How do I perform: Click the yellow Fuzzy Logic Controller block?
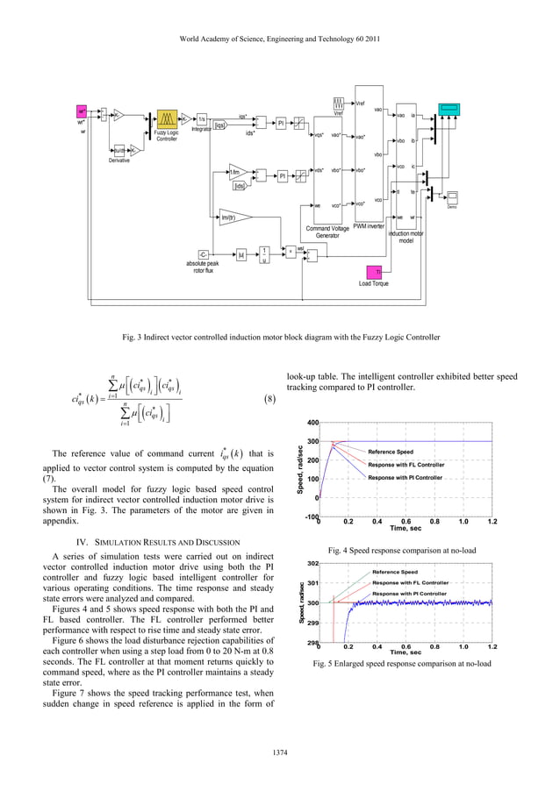pyautogui.click(x=167, y=119)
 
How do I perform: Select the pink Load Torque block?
pyautogui.click(x=373, y=273)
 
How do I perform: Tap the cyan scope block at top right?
pyautogui.click(x=449, y=109)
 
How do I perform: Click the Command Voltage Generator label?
pyautogui.click(x=327, y=232)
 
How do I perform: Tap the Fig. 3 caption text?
pyautogui.click(x=280, y=337)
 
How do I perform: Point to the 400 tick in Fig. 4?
pyautogui.click(x=312, y=424)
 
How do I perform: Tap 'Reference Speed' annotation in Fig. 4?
pyautogui.click(x=391, y=452)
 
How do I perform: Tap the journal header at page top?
pyautogui.click(x=280, y=39)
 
